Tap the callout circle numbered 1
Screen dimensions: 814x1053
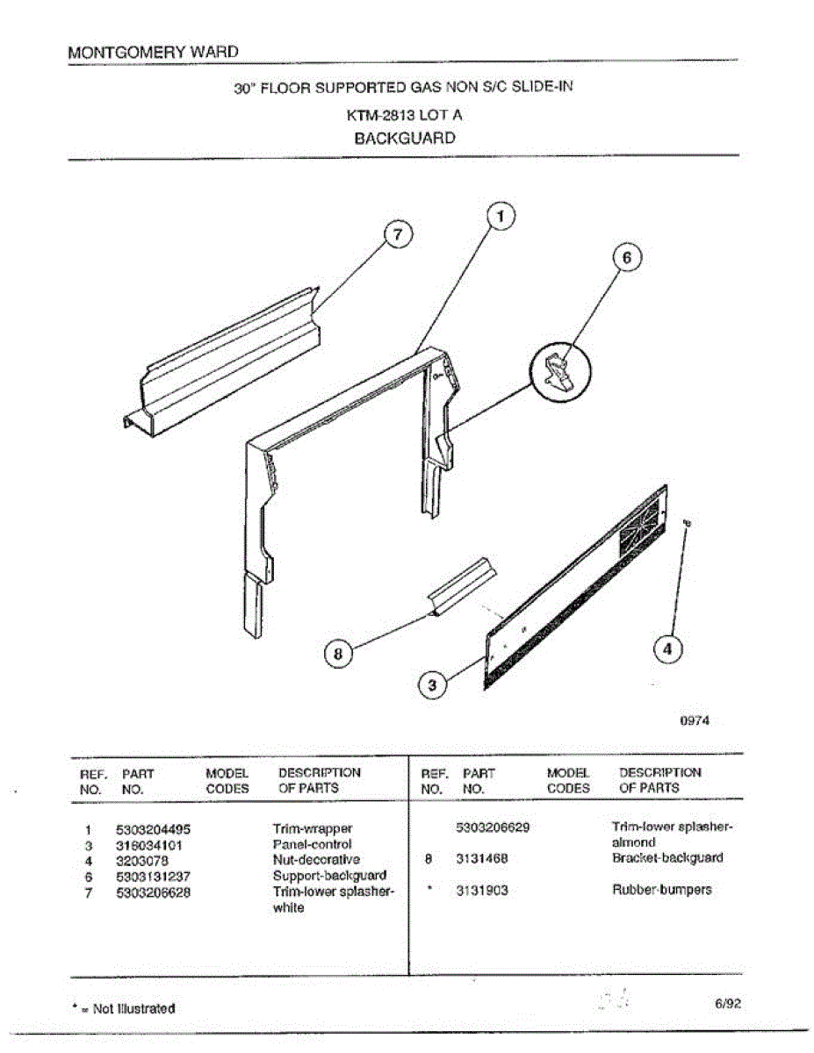tap(500, 216)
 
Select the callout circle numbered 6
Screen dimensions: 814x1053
tap(626, 258)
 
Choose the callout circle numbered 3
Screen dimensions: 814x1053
tap(431, 685)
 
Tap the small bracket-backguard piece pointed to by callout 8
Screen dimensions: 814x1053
tap(461, 585)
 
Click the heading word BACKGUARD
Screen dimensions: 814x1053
tap(405, 138)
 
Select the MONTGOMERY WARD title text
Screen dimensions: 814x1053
tap(153, 52)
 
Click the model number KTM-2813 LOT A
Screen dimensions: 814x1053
tap(404, 114)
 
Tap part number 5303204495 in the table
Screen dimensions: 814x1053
tap(153, 828)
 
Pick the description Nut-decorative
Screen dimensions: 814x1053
tap(316, 860)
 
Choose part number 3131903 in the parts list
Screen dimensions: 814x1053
tap(482, 890)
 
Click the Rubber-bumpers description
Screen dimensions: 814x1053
tap(661, 890)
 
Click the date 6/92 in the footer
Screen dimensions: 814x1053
tap(728, 1005)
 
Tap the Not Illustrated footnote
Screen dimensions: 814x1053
tap(128, 1008)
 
